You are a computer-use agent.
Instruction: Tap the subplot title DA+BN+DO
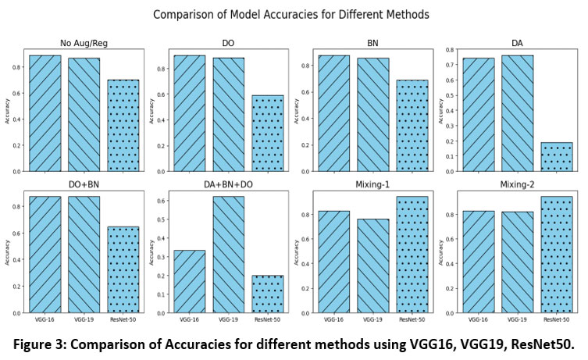tap(226, 184)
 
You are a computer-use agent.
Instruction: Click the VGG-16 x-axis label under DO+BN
tap(45, 320)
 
